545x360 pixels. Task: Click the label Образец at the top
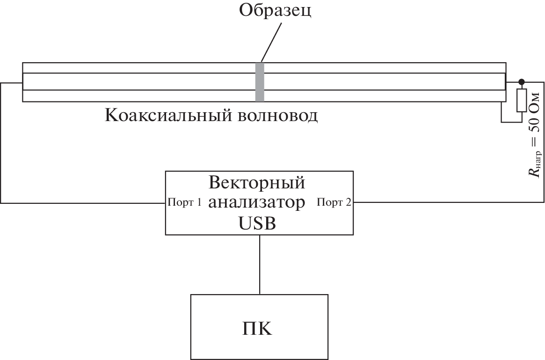click(275, 10)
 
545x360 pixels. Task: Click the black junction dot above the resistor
click(522, 82)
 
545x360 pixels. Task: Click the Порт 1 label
click(184, 203)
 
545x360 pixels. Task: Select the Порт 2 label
click(335, 203)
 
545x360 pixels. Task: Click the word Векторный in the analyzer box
click(257, 182)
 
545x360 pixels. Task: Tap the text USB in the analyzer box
click(257, 223)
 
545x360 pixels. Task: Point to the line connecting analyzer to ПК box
click(260, 264)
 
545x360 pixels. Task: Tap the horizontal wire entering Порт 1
click(84, 203)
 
